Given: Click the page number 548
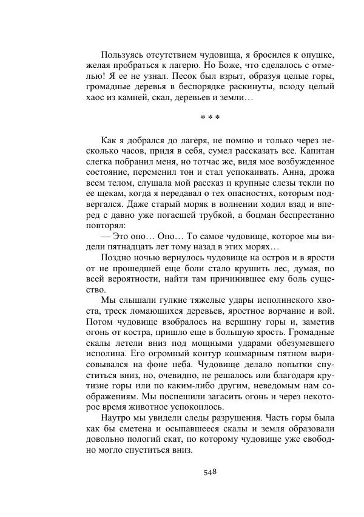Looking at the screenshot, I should (x=209, y=471).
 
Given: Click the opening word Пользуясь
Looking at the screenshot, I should (x=123, y=55).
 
